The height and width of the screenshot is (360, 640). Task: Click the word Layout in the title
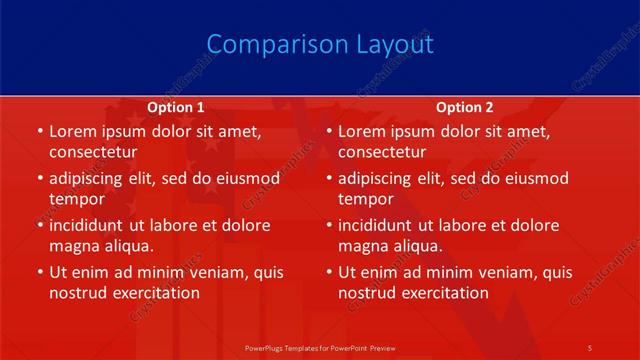(x=395, y=45)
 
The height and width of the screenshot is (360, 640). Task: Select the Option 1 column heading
(x=176, y=107)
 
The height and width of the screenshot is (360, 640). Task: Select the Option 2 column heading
(x=465, y=107)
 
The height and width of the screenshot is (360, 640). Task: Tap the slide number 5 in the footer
(x=589, y=347)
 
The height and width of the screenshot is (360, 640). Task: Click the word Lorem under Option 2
(x=361, y=131)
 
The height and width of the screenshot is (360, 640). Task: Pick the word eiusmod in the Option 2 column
(x=535, y=178)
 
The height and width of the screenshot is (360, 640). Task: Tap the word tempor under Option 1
(x=77, y=199)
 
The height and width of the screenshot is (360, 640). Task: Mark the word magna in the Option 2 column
(x=362, y=246)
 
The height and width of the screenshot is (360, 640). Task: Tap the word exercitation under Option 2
(x=444, y=293)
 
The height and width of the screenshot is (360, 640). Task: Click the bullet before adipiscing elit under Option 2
(x=328, y=178)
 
